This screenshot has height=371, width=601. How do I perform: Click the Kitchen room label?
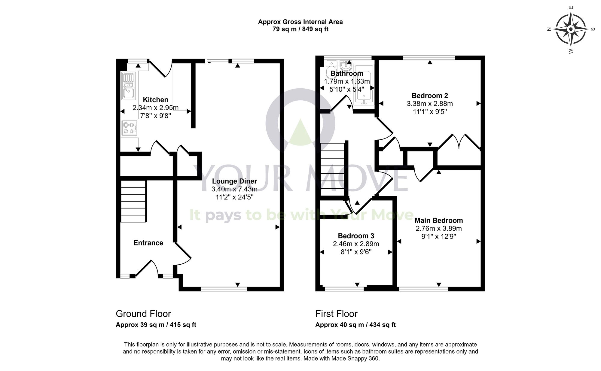[x=155, y=100]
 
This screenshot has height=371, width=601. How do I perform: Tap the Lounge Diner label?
[x=234, y=181]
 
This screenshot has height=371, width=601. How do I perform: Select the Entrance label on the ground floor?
[x=148, y=243]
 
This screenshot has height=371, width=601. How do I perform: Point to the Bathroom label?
[x=347, y=74]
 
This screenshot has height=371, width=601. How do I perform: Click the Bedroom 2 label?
[x=430, y=96]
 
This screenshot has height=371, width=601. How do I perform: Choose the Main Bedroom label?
[x=439, y=220]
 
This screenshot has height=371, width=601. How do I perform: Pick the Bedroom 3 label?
[x=356, y=236]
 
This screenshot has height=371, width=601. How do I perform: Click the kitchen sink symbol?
[x=128, y=86]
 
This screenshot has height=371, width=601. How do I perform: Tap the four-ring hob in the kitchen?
[x=130, y=127]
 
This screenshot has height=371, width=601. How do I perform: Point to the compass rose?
[x=571, y=29]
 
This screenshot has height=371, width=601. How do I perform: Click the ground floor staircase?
[x=133, y=201]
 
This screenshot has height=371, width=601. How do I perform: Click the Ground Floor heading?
[x=143, y=314]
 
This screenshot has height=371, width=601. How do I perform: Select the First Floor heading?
[x=336, y=314]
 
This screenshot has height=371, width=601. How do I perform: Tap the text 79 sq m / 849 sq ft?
[x=300, y=29]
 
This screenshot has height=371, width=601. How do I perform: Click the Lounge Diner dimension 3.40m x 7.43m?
[x=234, y=189]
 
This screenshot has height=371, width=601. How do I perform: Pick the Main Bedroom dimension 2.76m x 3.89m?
[x=439, y=228]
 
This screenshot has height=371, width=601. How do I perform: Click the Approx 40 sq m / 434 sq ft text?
[x=355, y=325]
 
